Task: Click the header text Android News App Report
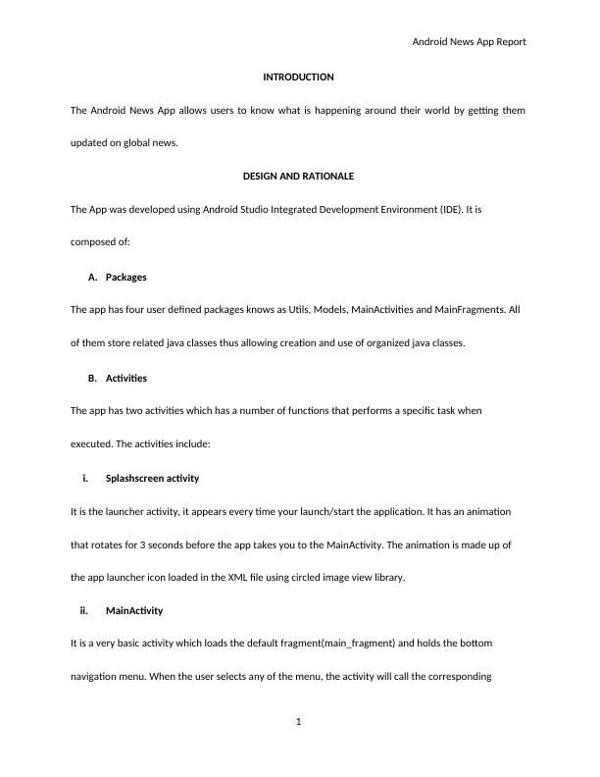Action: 469,42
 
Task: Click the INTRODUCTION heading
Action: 299,77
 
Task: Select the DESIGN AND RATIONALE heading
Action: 298,177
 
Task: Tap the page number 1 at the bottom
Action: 299,723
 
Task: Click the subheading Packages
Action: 125,277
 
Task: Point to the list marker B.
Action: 92,378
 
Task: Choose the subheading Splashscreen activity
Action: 152,479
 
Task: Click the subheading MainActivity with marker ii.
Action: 134,610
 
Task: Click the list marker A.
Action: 92,277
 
